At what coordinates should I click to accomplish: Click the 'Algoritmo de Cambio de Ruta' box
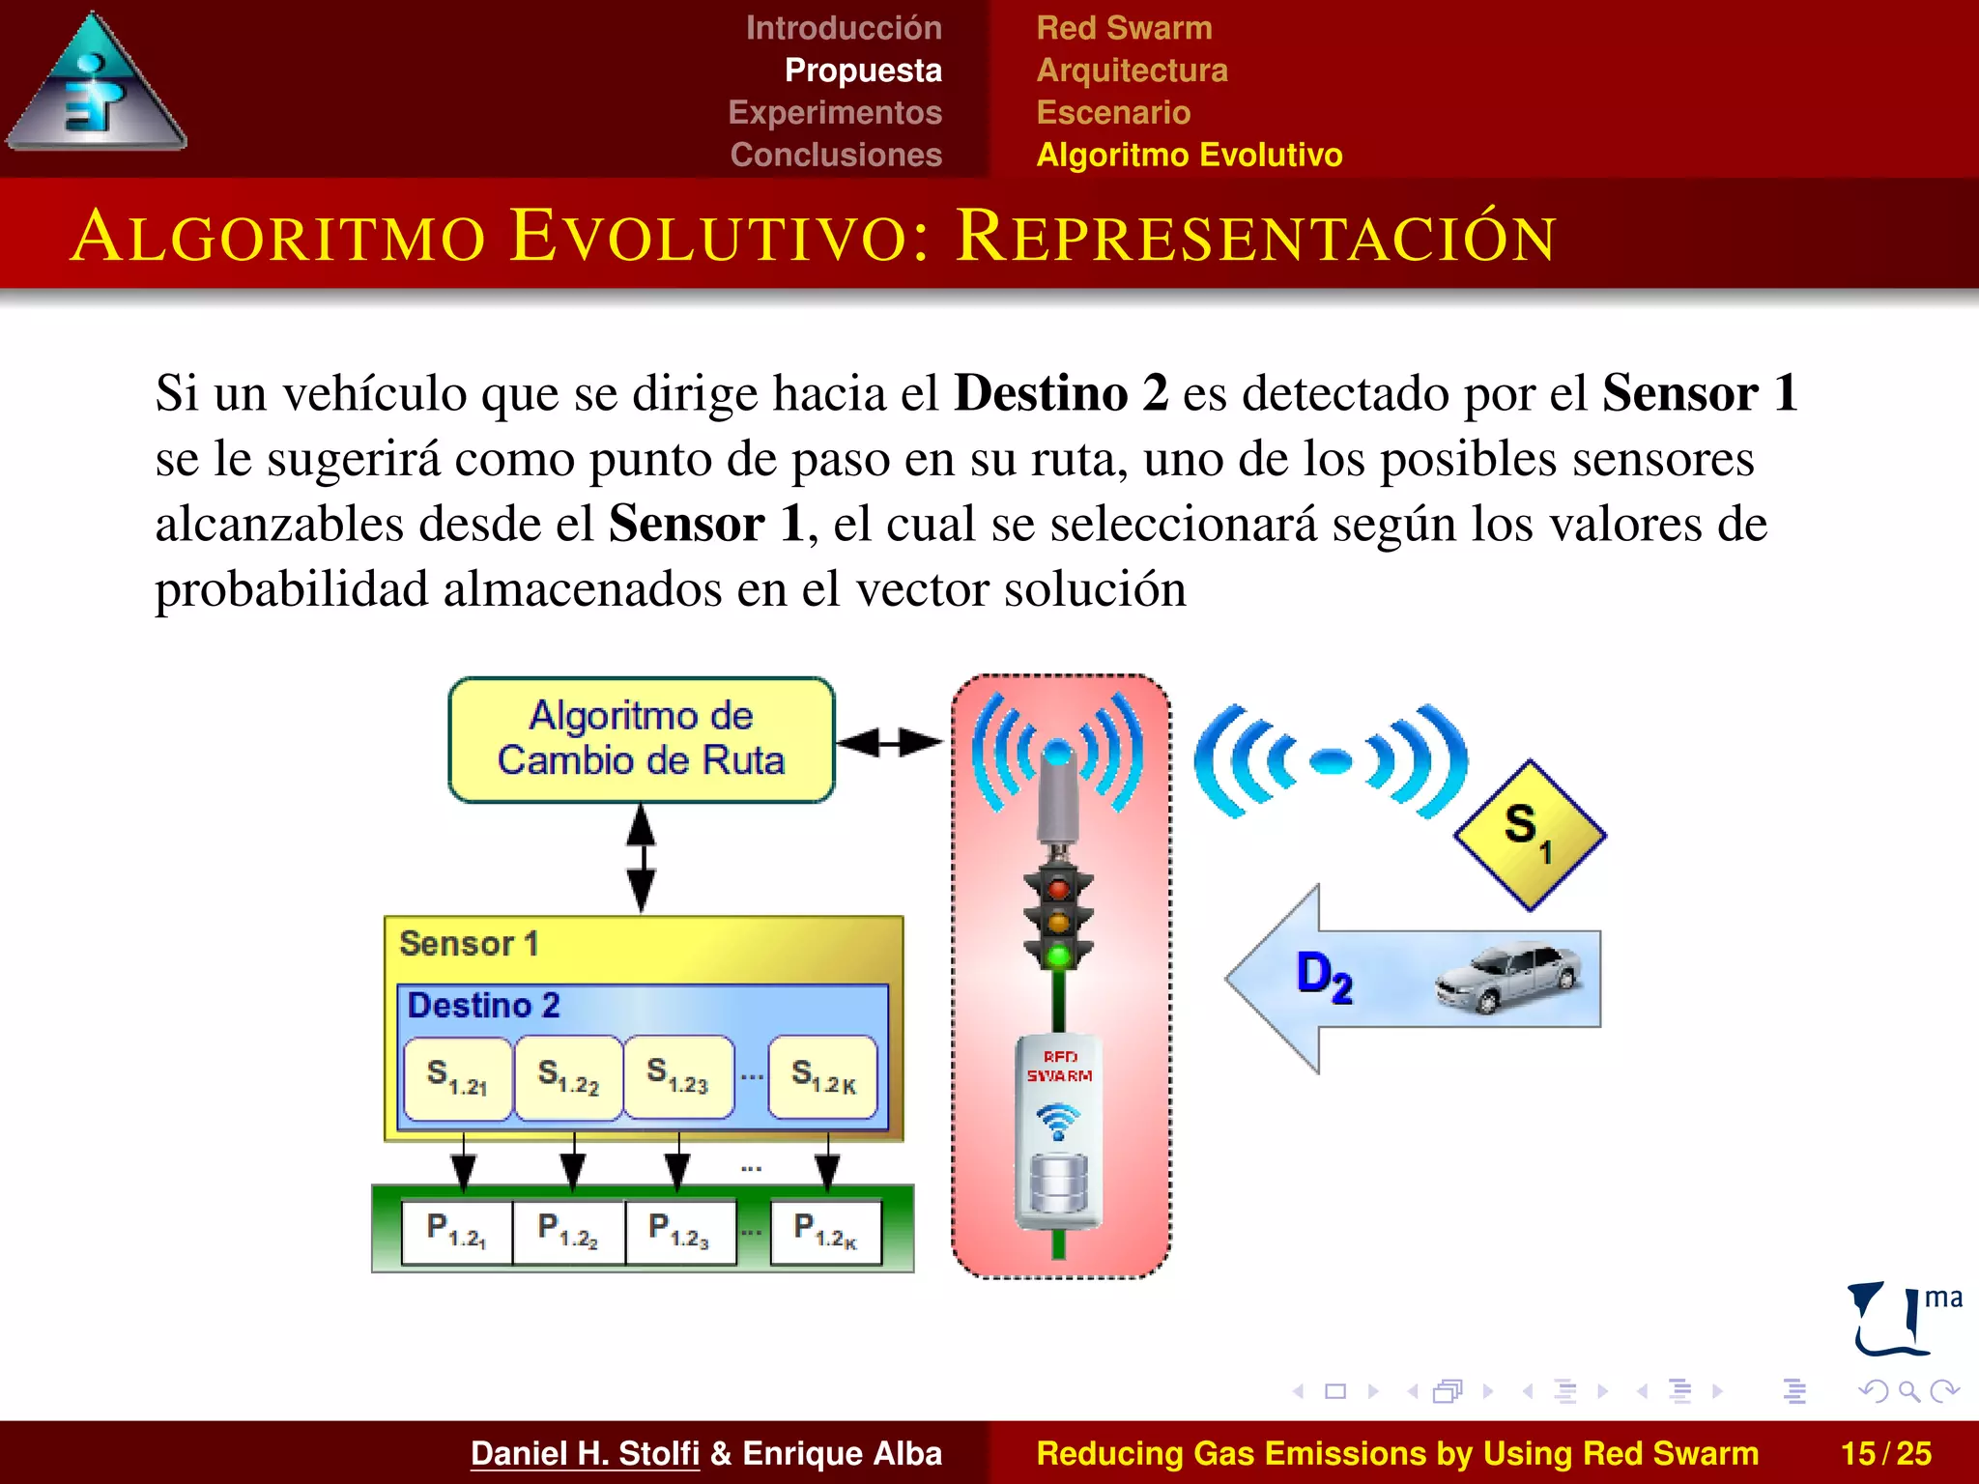tap(641, 739)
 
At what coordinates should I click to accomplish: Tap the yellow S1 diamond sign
tap(1529, 835)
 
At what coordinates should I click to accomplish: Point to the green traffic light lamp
tap(1059, 956)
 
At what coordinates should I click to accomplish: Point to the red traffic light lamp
tap(1059, 888)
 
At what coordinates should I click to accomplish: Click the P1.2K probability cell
tap(825, 1231)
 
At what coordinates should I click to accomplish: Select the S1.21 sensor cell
tap(458, 1077)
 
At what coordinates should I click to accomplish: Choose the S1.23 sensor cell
tap(678, 1077)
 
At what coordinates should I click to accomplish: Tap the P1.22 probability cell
tap(568, 1231)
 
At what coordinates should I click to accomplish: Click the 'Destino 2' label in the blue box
tap(483, 1006)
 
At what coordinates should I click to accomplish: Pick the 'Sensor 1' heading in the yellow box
tap(469, 943)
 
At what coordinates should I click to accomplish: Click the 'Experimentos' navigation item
tap(835, 112)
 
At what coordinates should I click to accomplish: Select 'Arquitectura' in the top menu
tap(1132, 71)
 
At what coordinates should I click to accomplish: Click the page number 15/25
tap(1885, 1453)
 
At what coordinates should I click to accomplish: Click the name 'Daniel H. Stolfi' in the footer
tap(585, 1453)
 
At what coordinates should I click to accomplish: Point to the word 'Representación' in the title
tap(1255, 237)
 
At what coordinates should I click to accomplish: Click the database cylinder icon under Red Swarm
tap(1059, 1184)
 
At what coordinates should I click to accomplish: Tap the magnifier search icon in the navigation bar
tap(1908, 1391)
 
